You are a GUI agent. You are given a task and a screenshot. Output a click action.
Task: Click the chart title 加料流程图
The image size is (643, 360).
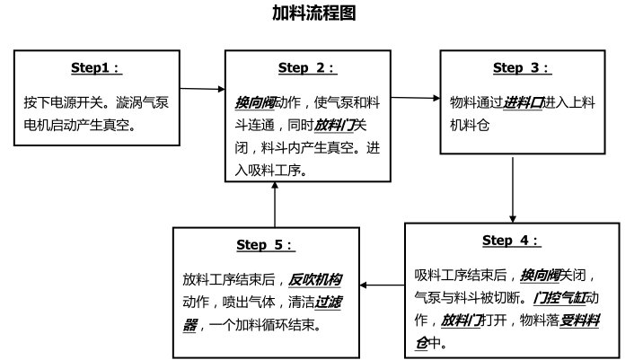(321, 13)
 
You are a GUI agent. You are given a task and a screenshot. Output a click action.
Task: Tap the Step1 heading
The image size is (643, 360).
(96, 68)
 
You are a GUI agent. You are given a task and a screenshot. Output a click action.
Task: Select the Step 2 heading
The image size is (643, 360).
(307, 67)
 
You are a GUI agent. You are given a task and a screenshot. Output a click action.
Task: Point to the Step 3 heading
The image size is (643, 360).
(521, 67)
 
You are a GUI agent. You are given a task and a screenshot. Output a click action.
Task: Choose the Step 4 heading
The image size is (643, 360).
(511, 240)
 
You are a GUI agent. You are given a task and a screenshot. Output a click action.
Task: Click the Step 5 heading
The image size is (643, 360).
(265, 244)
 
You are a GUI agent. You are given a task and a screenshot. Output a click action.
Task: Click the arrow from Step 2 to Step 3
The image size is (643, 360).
(415, 96)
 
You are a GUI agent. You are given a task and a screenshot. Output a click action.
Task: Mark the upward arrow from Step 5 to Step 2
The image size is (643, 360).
(274, 203)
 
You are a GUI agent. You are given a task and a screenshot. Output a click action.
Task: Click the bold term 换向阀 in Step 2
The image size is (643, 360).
(256, 99)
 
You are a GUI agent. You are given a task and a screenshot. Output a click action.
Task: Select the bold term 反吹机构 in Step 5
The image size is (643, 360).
(315, 278)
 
